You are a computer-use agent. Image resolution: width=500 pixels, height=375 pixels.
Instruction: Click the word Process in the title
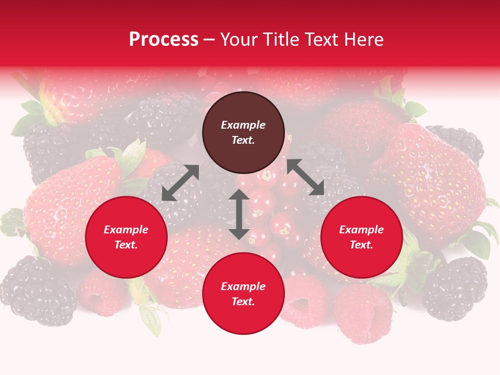pos(164,40)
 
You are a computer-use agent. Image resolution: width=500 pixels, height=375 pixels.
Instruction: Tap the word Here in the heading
pos(363,40)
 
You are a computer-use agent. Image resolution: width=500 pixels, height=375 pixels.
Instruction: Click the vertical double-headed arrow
pos(239,215)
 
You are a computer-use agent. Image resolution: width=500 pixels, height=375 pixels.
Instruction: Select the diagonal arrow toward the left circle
pos(180,183)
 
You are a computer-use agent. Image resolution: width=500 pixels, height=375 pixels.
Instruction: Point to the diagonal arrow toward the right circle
pos(305,177)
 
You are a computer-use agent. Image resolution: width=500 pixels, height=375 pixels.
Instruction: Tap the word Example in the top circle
pos(243,125)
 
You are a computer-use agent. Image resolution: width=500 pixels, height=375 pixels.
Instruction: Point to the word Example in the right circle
pos(361,230)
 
